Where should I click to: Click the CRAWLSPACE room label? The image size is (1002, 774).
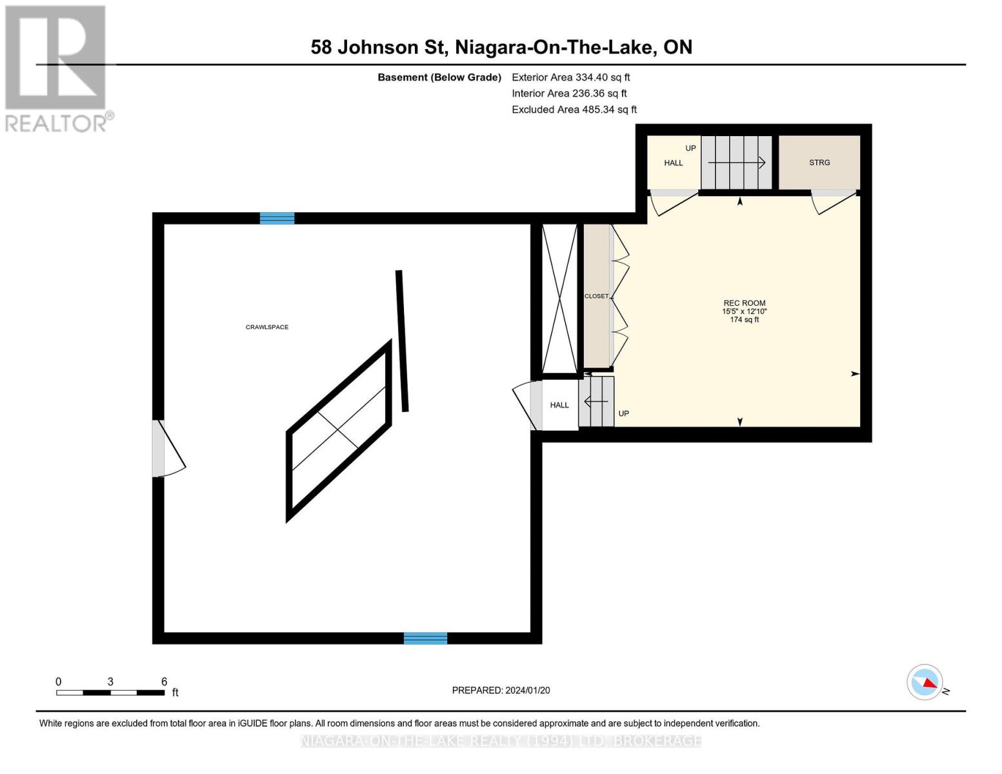coord(267,327)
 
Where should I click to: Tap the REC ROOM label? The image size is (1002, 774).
coord(744,303)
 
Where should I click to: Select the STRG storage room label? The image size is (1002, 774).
coord(819,163)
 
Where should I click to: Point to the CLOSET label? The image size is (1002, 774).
coord(596,297)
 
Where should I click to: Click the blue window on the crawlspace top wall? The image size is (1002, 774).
coord(277,218)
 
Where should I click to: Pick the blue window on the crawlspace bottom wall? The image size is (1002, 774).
coord(425,638)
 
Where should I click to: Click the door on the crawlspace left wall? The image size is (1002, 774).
coord(169,448)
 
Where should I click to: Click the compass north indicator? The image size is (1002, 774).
coord(927,682)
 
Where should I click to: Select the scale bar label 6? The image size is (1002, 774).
coord(164,681)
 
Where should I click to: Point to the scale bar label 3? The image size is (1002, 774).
coord(110,681)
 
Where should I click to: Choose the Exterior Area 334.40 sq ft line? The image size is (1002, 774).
coord(570,77)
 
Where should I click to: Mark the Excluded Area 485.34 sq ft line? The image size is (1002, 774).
coord(574,110)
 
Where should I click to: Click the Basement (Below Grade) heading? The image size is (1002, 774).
coord(439,77)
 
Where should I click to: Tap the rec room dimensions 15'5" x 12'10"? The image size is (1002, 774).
coord(744,311)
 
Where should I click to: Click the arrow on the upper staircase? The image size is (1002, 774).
coord(736,163)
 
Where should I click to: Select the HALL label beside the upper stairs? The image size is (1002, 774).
coord(673,163)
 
